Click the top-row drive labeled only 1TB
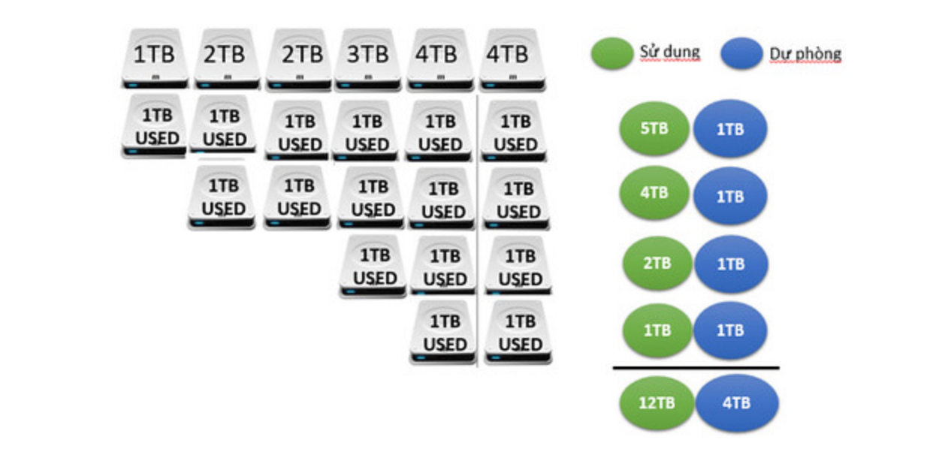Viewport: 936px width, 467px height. [x=154, y=59]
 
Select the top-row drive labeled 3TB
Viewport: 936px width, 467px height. [x=368, y=59]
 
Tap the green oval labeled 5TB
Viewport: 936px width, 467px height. [x=654, y=128]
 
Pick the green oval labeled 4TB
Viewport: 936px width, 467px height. [x=654, y=193]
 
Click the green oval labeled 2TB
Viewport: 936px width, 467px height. [x=657, y=264]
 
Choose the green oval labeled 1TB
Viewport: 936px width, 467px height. [x=657, y=330]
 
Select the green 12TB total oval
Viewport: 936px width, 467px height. [x=656, y=402]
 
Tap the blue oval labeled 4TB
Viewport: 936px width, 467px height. [x=736, y=403]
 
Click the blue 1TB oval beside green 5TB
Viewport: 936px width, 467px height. [x=730, y=129]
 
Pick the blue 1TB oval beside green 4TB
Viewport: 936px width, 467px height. [x=730, y=197]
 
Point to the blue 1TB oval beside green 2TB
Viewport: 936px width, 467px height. [x=730, y=264]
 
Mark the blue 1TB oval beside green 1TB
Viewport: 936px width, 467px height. [x=730, y=330]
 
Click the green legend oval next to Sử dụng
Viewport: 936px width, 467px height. [x=612, y=54]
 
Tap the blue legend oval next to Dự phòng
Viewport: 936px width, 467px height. [x=741, y=54]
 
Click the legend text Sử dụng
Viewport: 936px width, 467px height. [x=669, y=53]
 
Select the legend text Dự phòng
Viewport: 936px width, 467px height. [x=805, y=54]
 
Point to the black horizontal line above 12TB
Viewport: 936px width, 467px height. [x=696, y=368]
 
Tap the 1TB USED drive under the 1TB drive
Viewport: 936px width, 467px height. [x=154, y=126]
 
